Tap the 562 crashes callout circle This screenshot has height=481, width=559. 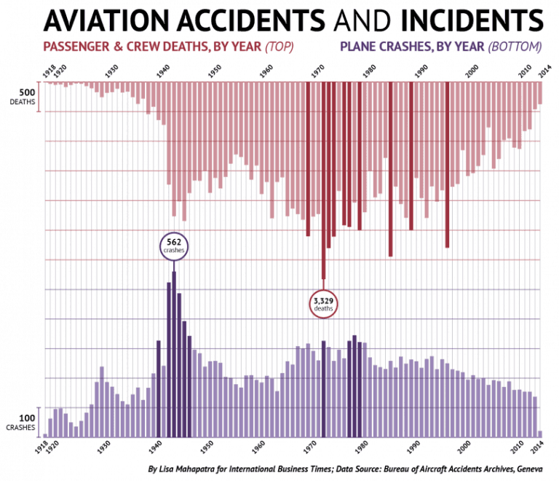[174, 245]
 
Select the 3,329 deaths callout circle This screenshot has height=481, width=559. [323, 303]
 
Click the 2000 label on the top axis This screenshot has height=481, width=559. [472, 74]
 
